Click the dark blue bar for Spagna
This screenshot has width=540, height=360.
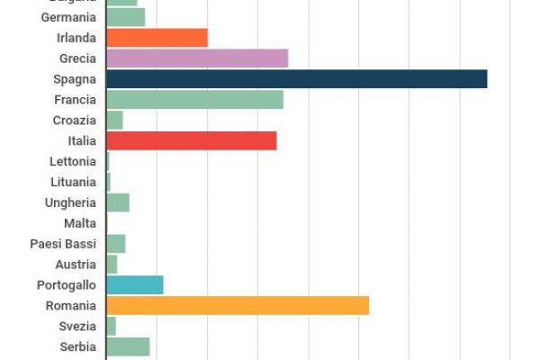[x=296, y=79]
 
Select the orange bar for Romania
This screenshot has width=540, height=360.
[x=238, y=306]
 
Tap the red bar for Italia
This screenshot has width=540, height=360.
[x=191, y=141]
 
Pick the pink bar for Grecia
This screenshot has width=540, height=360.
[x=197, y=58]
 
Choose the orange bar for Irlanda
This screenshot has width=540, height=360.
[x=157, y=38]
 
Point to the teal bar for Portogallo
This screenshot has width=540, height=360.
[x=135, y=285]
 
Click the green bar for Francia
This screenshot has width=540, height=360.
[x=194, y=100]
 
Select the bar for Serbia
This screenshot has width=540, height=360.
[x=128, y=347]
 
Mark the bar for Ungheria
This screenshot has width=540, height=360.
[x=118, y=202]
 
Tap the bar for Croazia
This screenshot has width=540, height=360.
[x=114, y=121]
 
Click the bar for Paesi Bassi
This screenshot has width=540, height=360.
[x=116, y=244]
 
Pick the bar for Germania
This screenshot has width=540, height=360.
[x=125, y=17]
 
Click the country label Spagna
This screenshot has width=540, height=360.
[x=75, y=79]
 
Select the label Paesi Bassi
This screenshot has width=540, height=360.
[x=63, y=244]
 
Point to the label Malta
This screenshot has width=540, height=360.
[x=80, y=223]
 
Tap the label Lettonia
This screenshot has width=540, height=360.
[x=73, y=162]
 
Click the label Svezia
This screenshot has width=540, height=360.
[x=77, y=327]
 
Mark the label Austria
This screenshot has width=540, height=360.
[x=76, y=265]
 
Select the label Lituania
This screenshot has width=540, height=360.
[x=73, y=182]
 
